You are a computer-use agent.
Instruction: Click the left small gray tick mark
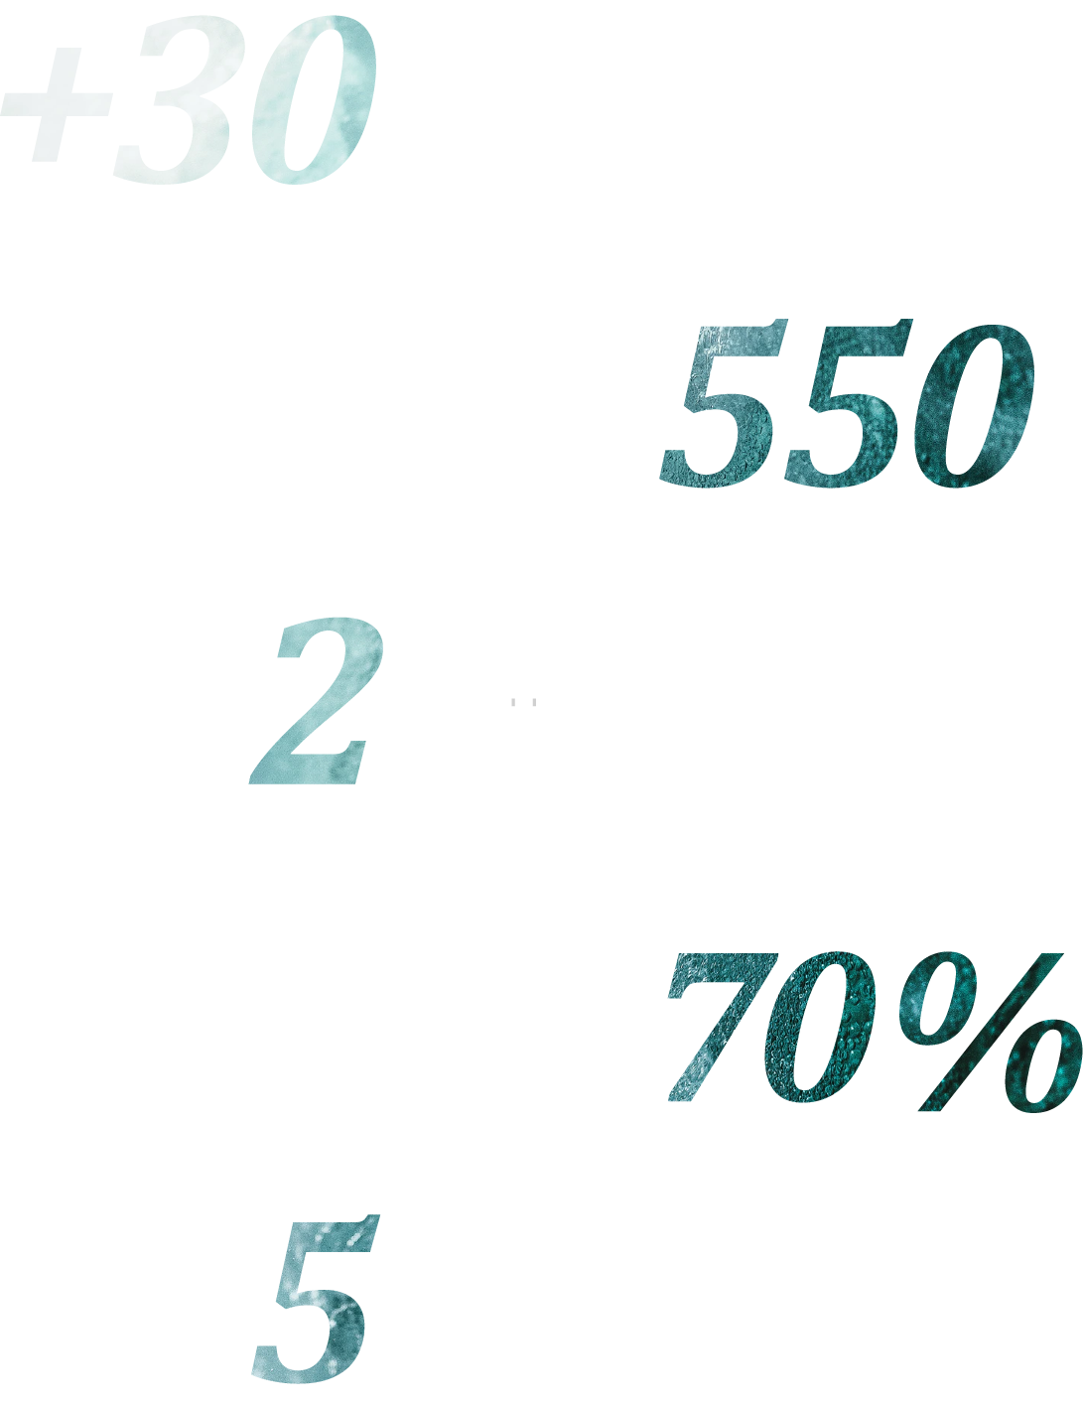[x=513, y=702]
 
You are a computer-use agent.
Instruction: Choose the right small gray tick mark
[x=534, y=702]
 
